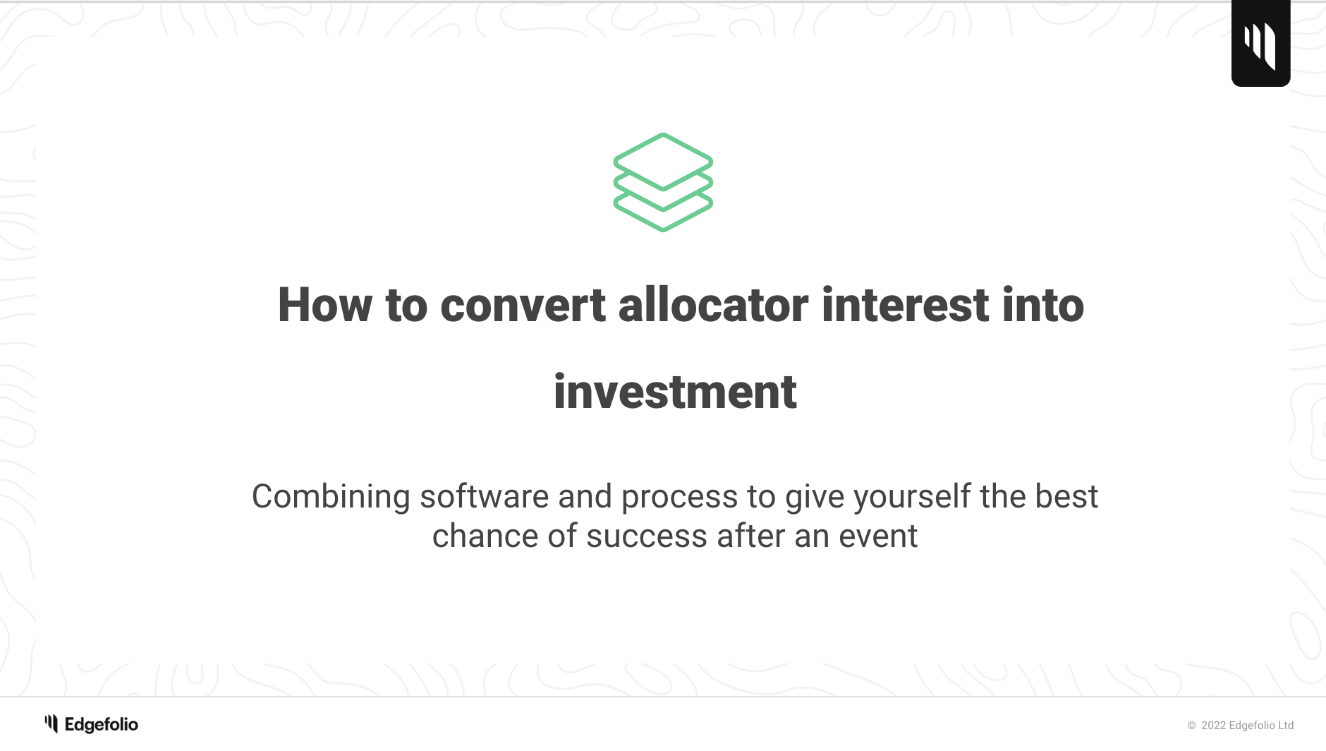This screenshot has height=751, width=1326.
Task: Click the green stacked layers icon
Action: [x=663, y=182]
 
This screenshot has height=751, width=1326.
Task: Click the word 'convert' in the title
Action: [x=523, y=305]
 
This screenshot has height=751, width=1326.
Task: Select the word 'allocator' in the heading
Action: [x=713, y=305]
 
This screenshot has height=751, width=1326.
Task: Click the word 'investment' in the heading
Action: [x=675, y=392]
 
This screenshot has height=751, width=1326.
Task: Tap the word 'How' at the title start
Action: [x=324, y=305]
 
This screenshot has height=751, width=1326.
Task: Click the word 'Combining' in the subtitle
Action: [x=331, y=497]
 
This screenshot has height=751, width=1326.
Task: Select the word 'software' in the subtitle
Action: [x=484, y=497]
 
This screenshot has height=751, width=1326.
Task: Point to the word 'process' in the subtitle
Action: [x=679, y=497]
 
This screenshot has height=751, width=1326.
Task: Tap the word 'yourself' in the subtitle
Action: [x=912, y=497]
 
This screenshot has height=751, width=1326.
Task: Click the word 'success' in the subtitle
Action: [x=646, y=536]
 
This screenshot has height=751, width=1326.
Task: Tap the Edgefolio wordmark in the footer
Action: [x=102, y=725]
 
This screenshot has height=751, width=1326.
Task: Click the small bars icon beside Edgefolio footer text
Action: [x=51, y=723]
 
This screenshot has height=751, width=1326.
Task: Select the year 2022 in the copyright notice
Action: [x=1213, y=726]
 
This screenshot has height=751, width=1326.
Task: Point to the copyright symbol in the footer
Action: [x=1191, y=726]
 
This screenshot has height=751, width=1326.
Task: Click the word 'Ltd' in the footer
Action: [x=1285, y=726]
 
